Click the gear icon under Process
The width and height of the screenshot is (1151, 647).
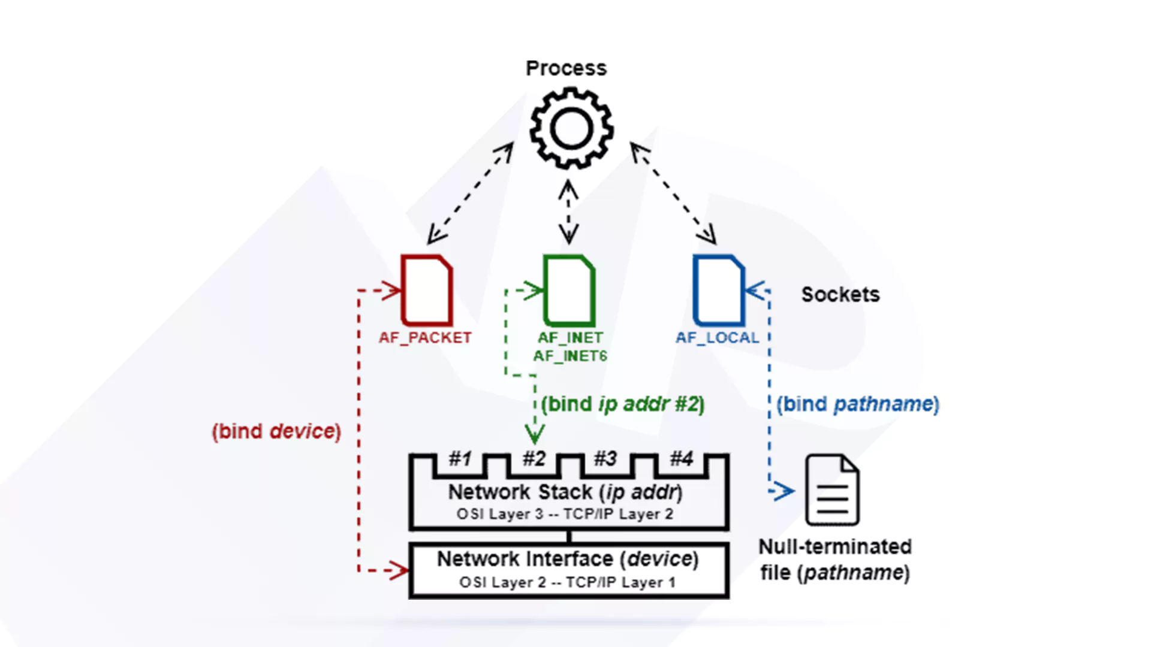point(571,128)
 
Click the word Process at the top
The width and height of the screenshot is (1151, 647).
point(566,68)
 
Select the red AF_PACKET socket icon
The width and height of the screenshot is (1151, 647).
point(427,290)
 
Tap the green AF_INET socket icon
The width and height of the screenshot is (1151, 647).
point(569,290)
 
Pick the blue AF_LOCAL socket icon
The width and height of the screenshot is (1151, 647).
point(718,290)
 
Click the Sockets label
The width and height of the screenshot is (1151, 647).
point(840,294)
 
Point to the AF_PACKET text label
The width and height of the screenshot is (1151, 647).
point(425,338)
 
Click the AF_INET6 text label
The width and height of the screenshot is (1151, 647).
point(570,356)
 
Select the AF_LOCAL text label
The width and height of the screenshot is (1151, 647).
point(718,338)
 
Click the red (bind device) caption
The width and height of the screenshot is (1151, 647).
point(276,431)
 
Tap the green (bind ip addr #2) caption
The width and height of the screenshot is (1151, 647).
point(623,404)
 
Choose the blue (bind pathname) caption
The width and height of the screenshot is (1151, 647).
point(858,404)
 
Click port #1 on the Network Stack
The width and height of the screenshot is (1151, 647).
point(460,459)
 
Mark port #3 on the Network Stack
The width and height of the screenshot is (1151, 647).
point(605,459)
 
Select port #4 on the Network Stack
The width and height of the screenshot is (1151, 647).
point(682,459)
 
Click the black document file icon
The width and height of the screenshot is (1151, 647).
point(832,490)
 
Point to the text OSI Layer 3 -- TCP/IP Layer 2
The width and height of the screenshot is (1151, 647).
point(565,514)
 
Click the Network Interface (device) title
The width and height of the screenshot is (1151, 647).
point(568,559)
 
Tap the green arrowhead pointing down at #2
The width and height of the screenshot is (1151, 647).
point(535,434)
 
